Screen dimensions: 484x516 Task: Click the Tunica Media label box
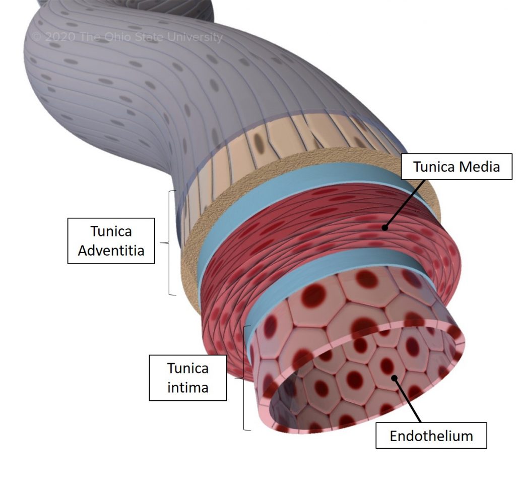point(457,166)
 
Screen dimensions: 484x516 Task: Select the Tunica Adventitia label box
point(111,240)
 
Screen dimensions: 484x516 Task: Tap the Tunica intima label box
point(188,378)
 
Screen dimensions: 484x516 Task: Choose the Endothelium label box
point(431,436)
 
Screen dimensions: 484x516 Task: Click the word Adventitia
point(111,250)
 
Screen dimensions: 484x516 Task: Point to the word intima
point(188,388)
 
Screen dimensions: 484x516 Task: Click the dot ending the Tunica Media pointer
point(385,227)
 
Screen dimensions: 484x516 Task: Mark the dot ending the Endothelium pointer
point(395,377)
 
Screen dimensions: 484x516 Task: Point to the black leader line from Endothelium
point(408,400)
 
